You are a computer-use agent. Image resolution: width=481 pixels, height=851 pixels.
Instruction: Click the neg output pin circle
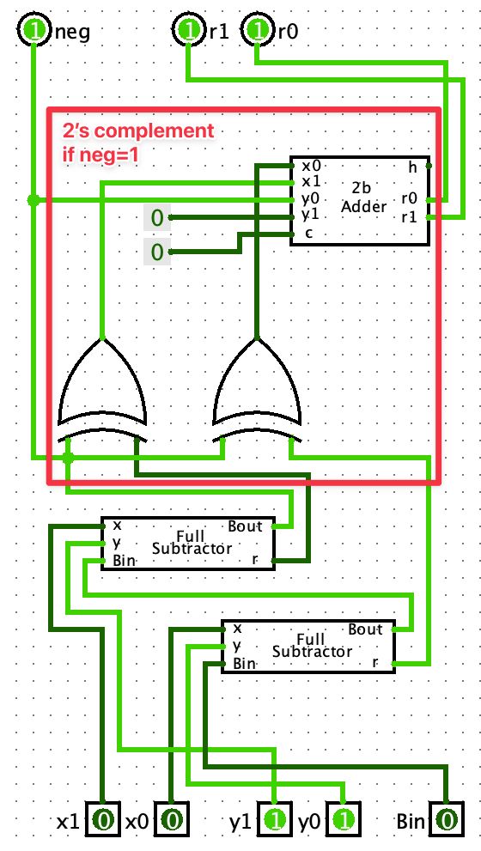[33, 32]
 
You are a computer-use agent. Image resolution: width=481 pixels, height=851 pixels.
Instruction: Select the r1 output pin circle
[187, 32]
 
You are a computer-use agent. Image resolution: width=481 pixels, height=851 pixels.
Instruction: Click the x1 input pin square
[102, 821]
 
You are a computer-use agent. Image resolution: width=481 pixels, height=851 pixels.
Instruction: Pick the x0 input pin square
[171, 821]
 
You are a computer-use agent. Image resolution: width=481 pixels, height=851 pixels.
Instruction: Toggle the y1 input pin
[274, 821]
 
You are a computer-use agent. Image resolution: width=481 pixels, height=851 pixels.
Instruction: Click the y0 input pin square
[344, 821]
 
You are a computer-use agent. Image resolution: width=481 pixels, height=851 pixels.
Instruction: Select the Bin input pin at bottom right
[446, 821]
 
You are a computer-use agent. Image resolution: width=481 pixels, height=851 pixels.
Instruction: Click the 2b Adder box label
[359, 198]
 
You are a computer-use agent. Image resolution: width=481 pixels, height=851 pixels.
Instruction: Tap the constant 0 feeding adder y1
[156, 218]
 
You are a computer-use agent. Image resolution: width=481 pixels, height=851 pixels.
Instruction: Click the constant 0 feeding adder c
[156, 252]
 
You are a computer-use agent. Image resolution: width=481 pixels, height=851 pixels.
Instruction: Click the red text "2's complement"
[137, 132]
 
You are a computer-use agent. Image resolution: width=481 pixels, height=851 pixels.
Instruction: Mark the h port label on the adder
[412, 167]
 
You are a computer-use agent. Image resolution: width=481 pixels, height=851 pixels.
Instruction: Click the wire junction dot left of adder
[33, 200]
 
